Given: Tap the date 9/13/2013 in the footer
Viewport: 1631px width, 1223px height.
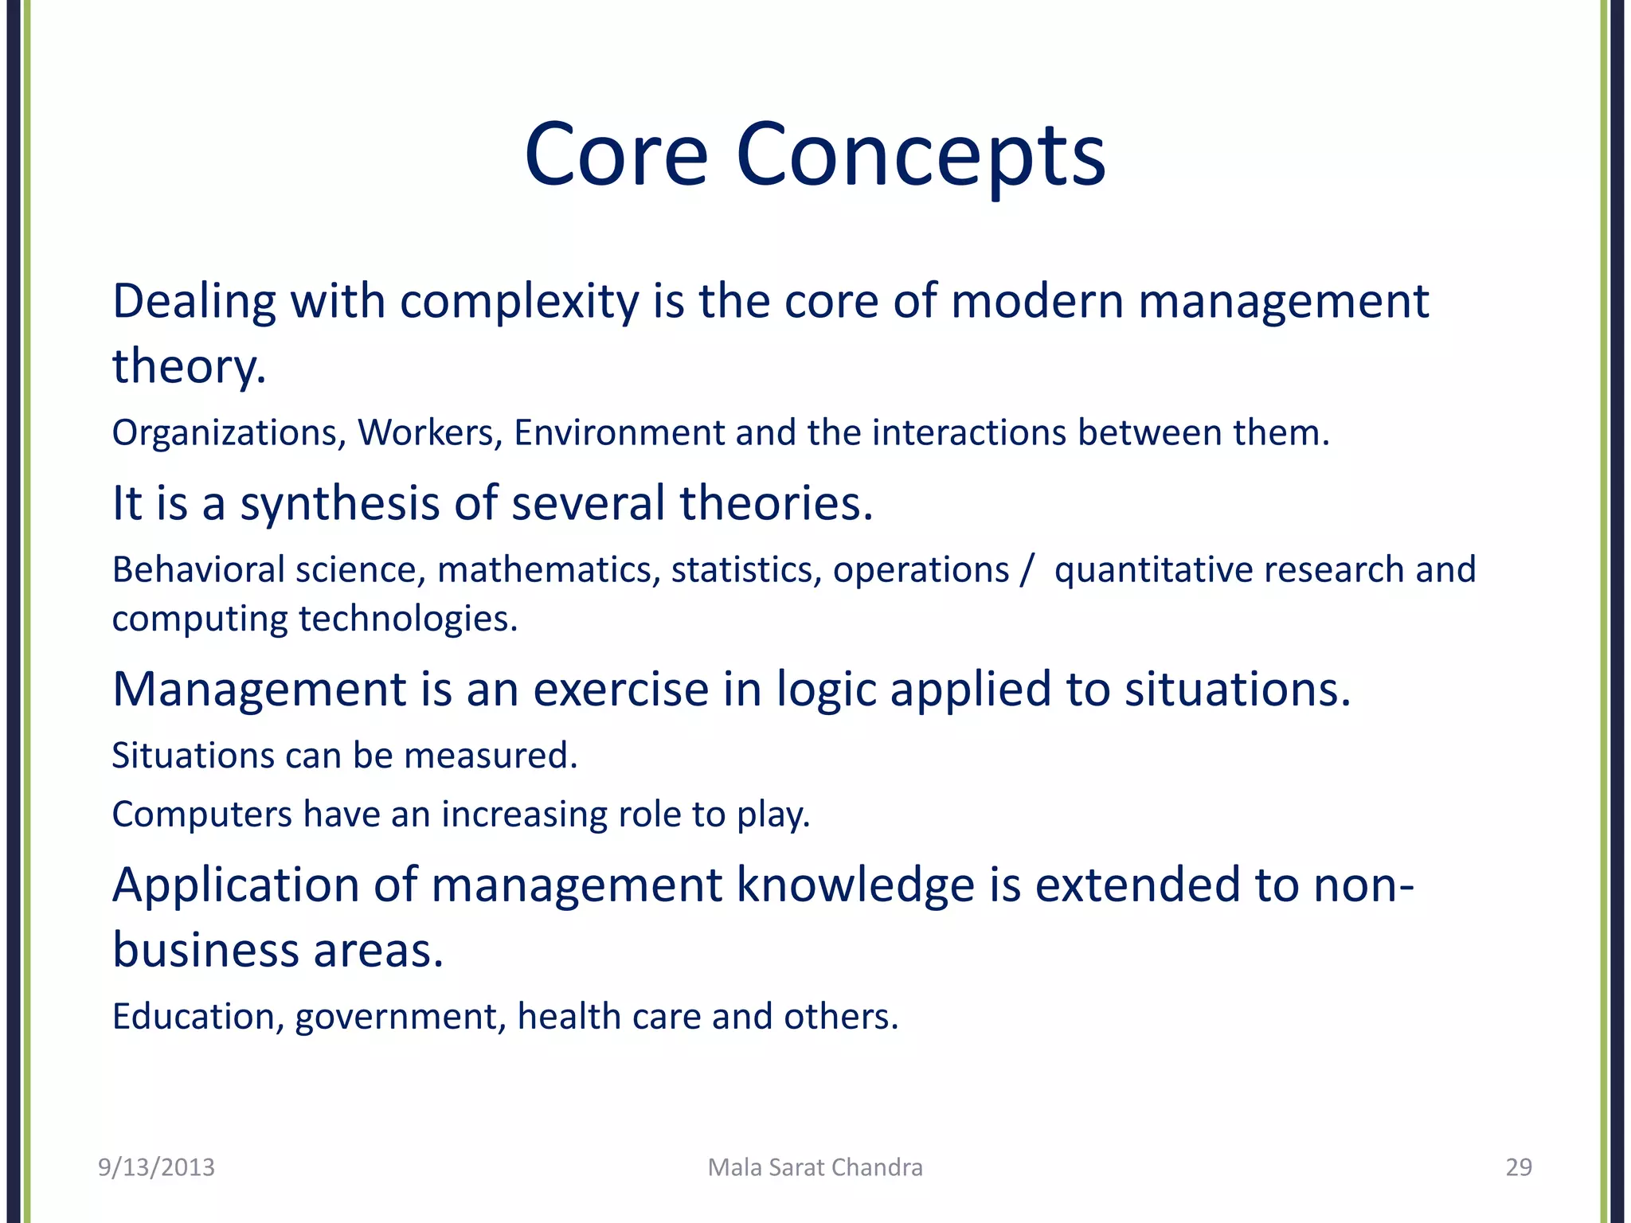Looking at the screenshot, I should pyautogui.click(x=156, y=1167).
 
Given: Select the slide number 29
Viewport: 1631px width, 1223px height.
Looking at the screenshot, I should pyautogui.click(x=1519, y=1167).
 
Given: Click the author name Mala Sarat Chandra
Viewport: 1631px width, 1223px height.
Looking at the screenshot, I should pyautogui.click(x=815, y=1167).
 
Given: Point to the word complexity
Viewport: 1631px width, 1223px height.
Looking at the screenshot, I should pyautogui.click(x=519, y=303).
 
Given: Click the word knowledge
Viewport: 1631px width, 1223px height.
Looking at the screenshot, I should pyautogui.click(x=855, y=885).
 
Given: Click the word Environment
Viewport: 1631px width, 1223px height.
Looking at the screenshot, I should pyautogui.click(x=619, y=433).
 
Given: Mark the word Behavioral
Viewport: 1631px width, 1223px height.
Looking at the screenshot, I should pyautogui.click(x=198, y=570).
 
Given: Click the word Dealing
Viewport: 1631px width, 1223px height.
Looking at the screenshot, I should pyautogui.click(x=194, y=303).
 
